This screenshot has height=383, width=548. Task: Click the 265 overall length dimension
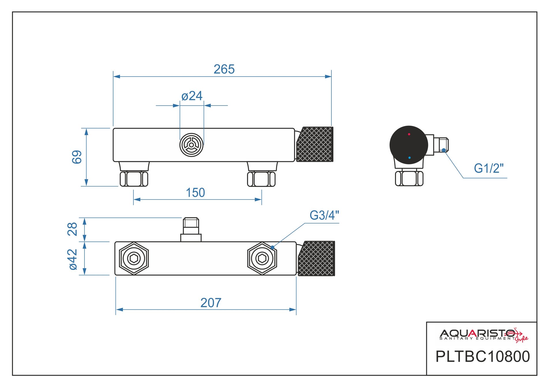224,69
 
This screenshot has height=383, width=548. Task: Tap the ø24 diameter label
192,96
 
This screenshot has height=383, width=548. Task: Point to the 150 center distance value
195,193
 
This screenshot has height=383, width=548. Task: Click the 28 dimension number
72,229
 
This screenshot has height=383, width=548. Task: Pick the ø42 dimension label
73,259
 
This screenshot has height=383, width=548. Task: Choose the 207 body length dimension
211,303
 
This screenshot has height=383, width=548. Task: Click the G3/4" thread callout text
324,215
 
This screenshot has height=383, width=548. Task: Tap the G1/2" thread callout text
489,168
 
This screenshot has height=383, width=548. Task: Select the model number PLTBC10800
483,356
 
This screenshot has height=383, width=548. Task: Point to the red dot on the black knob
409,134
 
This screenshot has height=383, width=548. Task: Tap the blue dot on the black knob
409,158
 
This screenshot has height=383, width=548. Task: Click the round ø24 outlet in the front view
191,145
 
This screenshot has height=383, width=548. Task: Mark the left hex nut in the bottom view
134,258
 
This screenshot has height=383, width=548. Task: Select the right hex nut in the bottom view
262,258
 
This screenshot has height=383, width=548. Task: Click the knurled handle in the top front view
315,144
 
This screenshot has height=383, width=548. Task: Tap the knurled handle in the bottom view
316,258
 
